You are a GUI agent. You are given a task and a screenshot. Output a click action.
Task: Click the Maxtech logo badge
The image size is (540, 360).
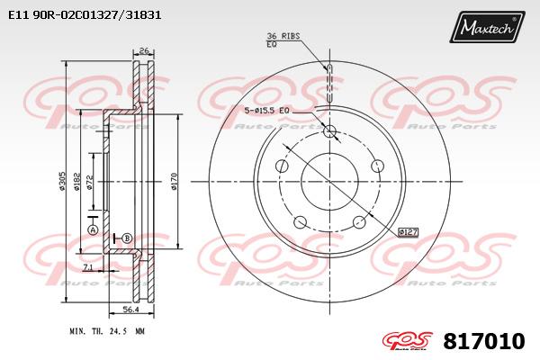pos(487,27)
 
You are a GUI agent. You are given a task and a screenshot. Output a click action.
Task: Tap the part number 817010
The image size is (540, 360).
pos(484,341)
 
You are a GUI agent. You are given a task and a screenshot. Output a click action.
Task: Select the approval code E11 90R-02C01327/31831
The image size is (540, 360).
pos(85,14)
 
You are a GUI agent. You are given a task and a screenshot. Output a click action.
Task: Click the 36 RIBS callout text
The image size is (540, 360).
pos(283,36)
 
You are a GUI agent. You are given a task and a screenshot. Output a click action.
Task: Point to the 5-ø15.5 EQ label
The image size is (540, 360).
pos(266,111)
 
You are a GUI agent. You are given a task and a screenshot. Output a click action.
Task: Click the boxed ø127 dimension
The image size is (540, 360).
pos(408,232)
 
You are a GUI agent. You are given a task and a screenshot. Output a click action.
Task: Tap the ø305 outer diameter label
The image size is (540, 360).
pos(62,181)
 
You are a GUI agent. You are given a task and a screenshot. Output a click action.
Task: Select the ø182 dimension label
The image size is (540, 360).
pos(76,181)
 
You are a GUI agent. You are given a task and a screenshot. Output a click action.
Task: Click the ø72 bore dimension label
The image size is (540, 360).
pos(89,182)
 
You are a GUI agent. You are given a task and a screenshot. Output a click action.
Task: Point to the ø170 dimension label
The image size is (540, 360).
pos(174,181)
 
